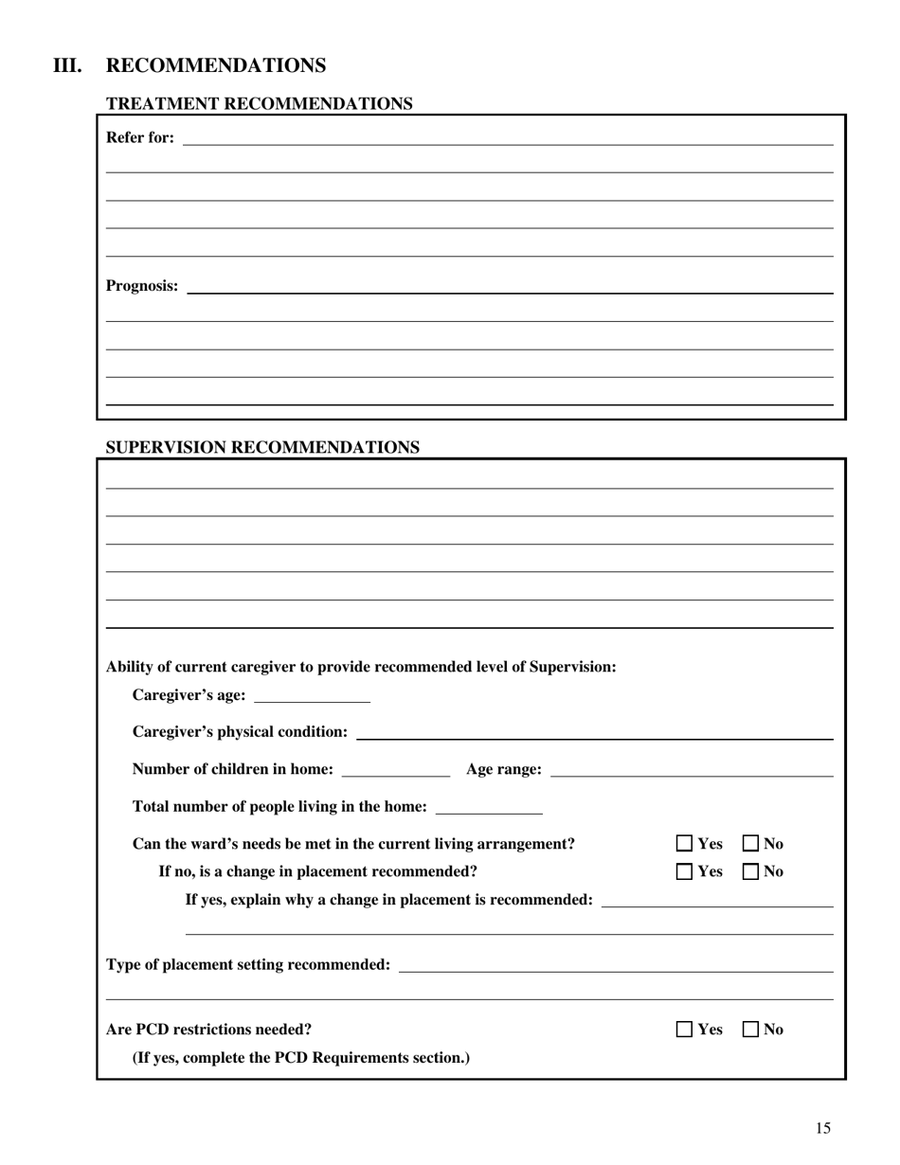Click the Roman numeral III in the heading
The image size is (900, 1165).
tap(67, 65)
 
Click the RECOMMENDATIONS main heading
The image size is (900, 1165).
tap(216, 65)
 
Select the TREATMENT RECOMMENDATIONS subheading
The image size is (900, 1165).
tap(259, 104)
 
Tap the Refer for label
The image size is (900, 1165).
tap(140, 137)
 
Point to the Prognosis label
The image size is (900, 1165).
tap(142, 286)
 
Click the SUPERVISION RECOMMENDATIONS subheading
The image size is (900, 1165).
tap(262, 448)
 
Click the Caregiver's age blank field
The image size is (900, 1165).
tap(313, 696)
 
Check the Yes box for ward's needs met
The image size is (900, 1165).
tap(685, 844)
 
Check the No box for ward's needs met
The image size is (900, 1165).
tap(750, 844)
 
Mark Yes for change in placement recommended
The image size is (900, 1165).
tap(685, 872)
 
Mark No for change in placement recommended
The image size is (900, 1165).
tap(750, 872)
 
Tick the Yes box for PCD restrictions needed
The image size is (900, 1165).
tap(685, 1030)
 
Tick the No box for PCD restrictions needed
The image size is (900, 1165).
tap(750, 1030)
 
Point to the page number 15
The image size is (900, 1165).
tap(822, 1128)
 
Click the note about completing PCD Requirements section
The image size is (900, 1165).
tap(300, 1058)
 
